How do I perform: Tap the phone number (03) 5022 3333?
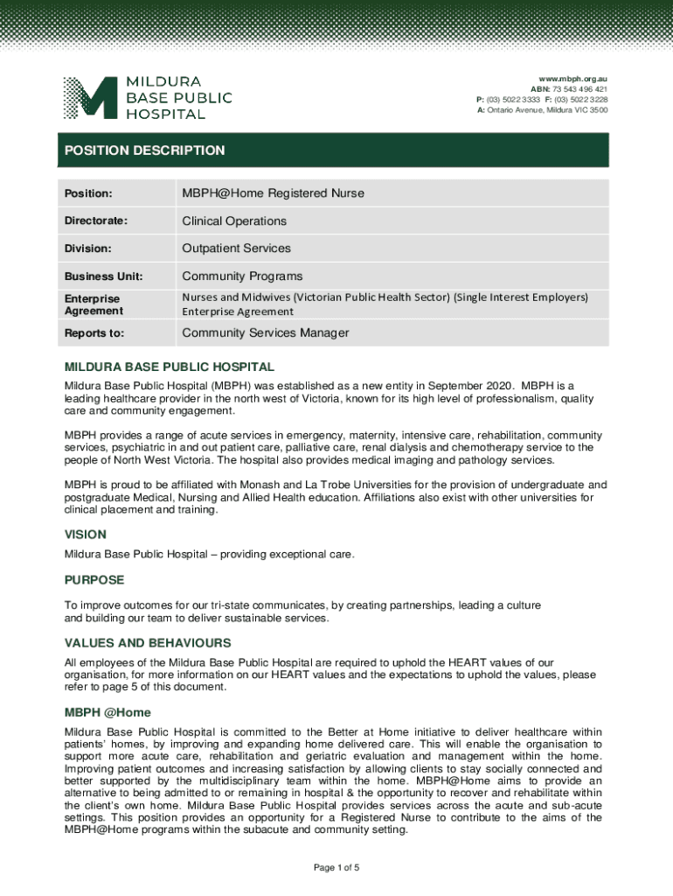pos(517,100)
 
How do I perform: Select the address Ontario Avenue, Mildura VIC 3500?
pos(548,110)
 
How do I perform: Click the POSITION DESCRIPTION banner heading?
pos(144,150)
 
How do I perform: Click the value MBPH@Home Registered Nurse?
pos(273,192)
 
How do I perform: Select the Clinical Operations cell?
pos(233,220)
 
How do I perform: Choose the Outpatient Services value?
pos(236,248)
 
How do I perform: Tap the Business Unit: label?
pos(103,276)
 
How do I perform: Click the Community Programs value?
pos(242,276)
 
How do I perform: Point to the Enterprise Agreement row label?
pos(93,304)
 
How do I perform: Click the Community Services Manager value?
pos(265,332)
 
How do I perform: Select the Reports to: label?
pos(94,333)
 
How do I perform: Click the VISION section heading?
pos(86,535)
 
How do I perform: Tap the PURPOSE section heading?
pos(94,580)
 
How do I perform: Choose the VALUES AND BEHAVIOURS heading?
pos(148,643)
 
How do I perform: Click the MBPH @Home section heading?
pos(108,712)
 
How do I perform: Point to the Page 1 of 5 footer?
pos(336,868)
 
